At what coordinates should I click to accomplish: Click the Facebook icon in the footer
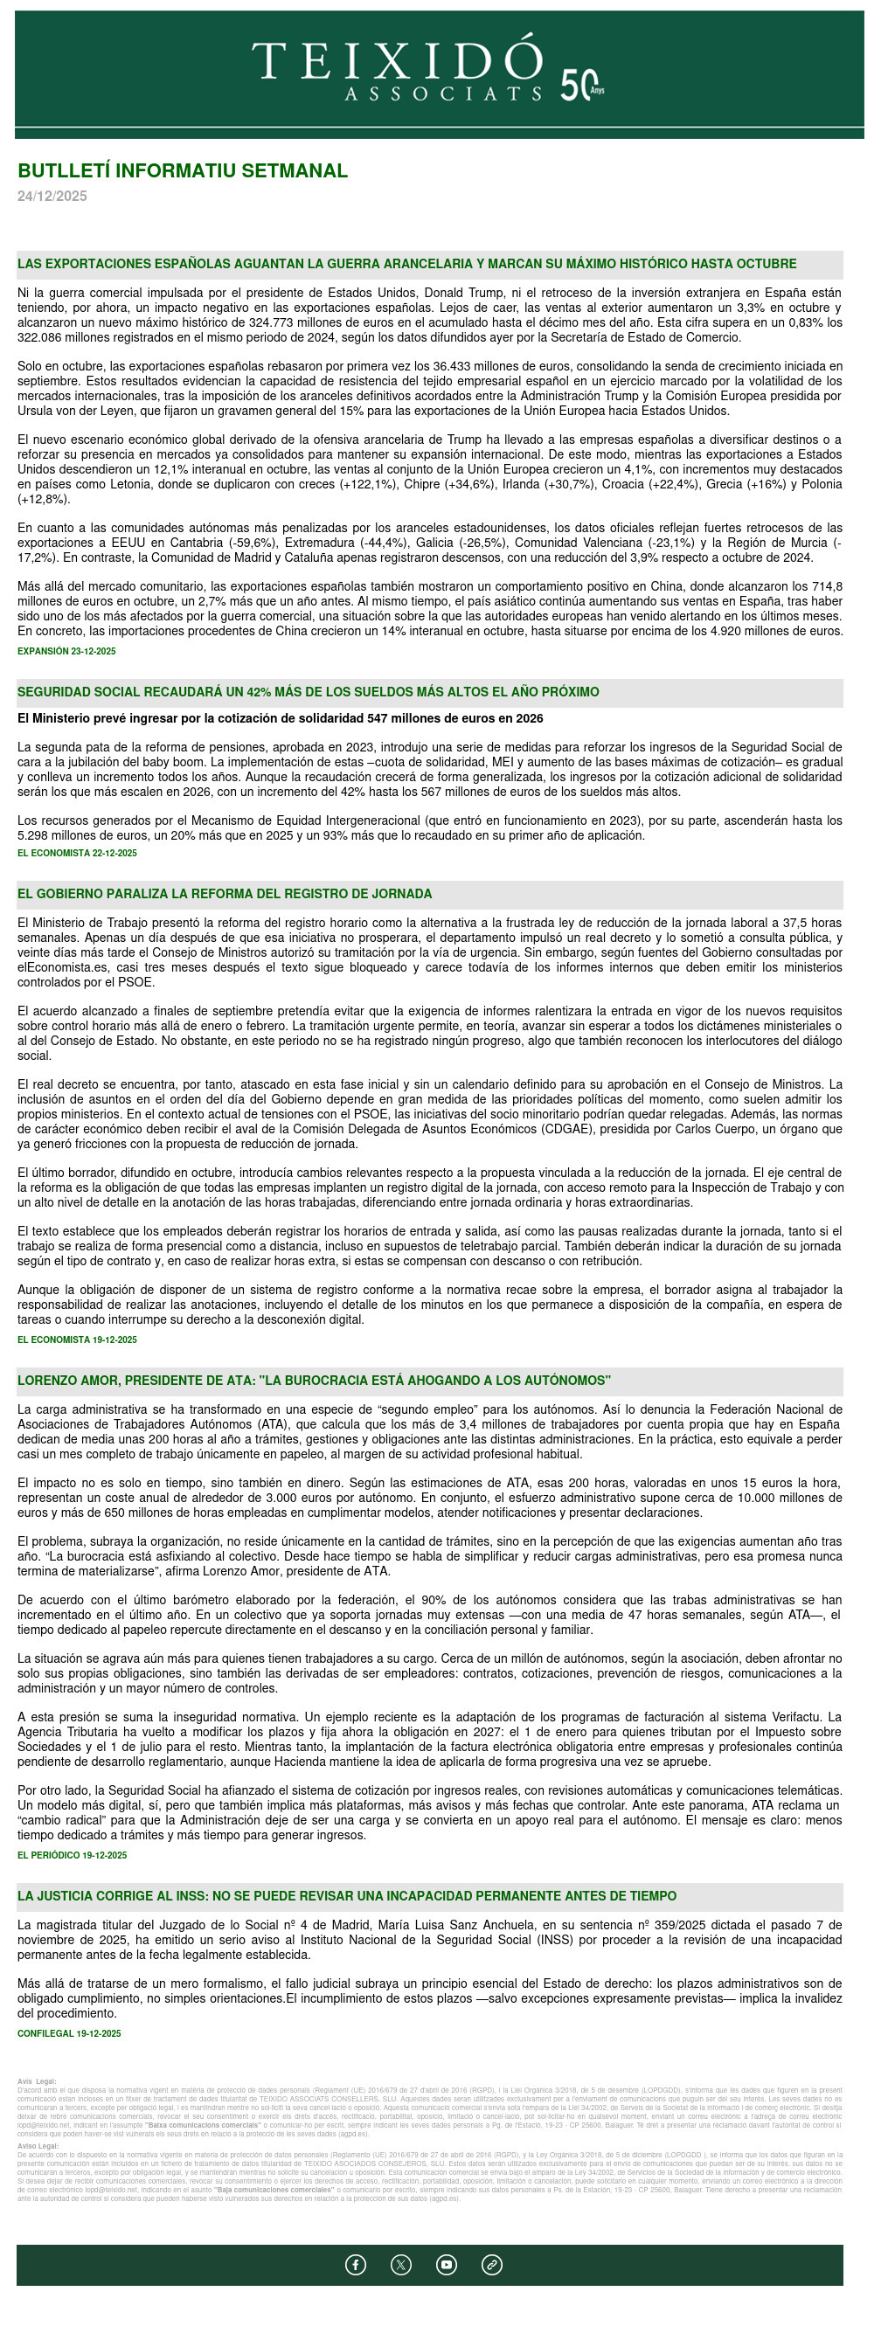pyautogui.click(x=355, y=2265)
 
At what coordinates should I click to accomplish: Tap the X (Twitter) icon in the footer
pyautogui.click(x=400, y=2265)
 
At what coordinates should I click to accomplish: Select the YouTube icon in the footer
pyautogui.click(x=446, y=2265)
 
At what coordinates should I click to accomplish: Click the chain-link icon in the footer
pyautogui.click(x=491, y=2265)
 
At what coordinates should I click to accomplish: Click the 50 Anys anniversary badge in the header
pyautogui.click(x=581, y=86)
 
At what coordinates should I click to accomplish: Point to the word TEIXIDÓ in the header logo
pyautogui.click(x=397, y=60)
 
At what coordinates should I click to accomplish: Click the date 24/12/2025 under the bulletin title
pyautogui.click(x=52, y=197)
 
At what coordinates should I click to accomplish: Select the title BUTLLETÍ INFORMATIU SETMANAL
pyautogui.click(x=183, y=170)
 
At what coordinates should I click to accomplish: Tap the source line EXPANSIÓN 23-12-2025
pyautogui.click(x=66, y=651)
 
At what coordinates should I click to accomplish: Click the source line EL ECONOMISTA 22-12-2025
pyautogui.click(x=77, y=853)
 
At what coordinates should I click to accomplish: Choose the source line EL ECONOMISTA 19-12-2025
pyautogui.click(x=77, y=1340)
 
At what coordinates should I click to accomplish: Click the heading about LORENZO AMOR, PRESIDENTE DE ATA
pyautogui.click(x=315, y=1381)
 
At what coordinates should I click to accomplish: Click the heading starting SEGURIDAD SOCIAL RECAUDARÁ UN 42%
pyautogui.click(x=308, y=692)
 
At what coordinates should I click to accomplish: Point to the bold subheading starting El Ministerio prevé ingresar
pyautogui.click(x=280, y=718)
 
